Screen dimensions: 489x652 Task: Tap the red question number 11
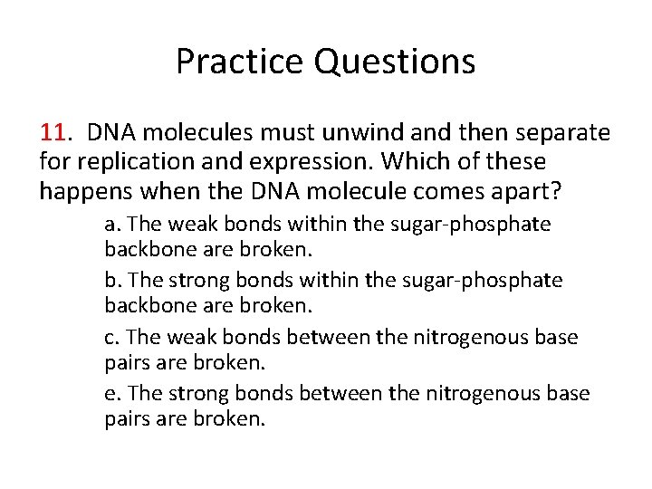(53, 134)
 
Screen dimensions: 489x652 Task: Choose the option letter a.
(110, 224)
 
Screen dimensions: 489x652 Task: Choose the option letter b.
(110, 281)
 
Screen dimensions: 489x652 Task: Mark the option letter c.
(110, 338)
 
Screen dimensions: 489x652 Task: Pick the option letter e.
(110, 394)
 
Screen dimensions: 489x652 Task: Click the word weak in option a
(185, 224)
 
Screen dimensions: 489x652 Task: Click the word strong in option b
(191, 281)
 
